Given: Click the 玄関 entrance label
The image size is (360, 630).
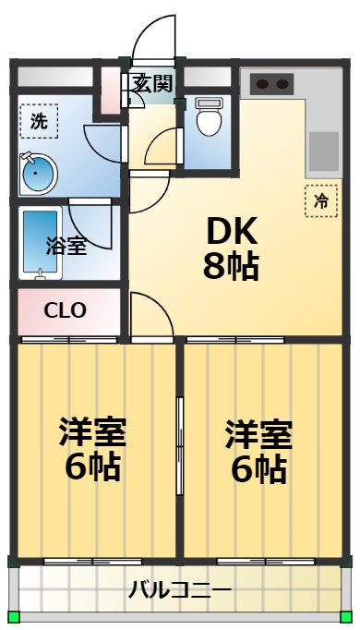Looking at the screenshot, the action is click(153, 83).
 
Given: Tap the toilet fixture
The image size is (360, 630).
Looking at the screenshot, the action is click(209, 116).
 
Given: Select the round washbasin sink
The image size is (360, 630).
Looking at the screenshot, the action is click(38, 173).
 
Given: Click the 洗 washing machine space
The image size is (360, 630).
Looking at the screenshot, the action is click(39, 121).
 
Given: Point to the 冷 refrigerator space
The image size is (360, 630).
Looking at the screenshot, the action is click(321, 200).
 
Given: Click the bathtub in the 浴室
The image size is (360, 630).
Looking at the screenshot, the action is click(40, 243).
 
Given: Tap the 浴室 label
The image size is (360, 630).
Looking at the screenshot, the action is click(66, 246).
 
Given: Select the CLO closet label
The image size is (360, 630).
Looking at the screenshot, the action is click(65, 310).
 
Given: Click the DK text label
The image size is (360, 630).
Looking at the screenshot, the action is click(232, 232).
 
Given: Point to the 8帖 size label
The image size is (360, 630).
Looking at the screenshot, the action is click(231, 266).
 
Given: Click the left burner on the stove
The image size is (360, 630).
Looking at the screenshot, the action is click(262, 84).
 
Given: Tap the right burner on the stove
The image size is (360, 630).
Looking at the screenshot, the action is click(282, 84).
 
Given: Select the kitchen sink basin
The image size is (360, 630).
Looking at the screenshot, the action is click(324, 151).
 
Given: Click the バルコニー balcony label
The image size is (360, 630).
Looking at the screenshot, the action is click(180, 590).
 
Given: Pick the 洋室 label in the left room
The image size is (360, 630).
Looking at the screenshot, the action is click(92, 432).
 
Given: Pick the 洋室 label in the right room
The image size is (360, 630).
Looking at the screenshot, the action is click(258, 434).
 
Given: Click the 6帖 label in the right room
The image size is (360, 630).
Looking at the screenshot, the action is click(258, 469).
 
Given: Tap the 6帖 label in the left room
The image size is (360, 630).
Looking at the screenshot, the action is click(92, 467).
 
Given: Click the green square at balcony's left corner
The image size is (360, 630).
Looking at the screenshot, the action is click(14, 615).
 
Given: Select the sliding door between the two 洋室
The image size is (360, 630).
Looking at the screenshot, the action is click(180, 446).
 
